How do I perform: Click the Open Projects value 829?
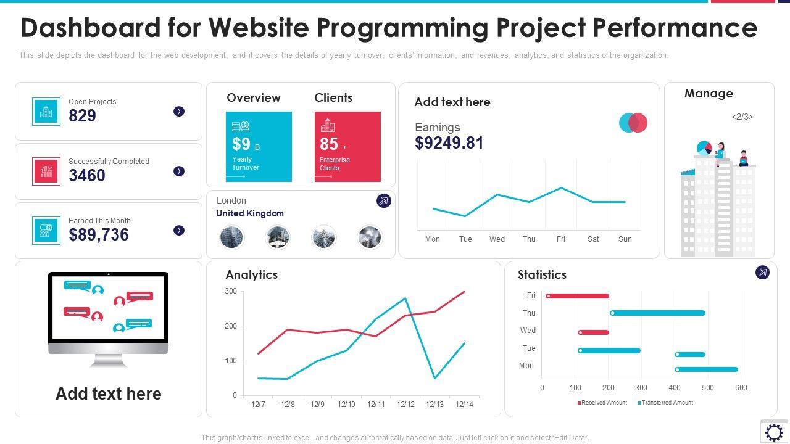[82, 116]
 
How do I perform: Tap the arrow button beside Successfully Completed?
[179, 171]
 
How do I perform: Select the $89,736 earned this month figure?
[99, 235]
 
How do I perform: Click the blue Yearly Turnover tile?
[259, 147]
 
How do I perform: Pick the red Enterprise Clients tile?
[347, 147]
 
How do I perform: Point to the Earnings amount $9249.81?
[449, 143]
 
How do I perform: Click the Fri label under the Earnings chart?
[561, 239]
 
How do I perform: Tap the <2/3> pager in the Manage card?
[742, 117]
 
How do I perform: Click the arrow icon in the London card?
[384, 200]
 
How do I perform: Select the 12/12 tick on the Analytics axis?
[405, 405]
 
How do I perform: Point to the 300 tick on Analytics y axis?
[231, 291]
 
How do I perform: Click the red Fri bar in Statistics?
[578, 296]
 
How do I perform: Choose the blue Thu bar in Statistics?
[657, 313]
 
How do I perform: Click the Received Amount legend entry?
[602, 403]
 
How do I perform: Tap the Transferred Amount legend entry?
[665, 403]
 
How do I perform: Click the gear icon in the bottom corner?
[774, 432]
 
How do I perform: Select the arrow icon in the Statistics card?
[763, 273]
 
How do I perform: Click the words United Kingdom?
[250, 213]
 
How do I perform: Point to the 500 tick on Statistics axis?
[708, 388]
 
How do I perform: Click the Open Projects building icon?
[46, 112]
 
